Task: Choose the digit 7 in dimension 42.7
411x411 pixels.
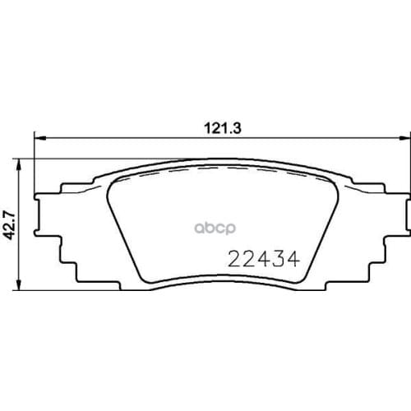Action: click(x=12, y=212)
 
